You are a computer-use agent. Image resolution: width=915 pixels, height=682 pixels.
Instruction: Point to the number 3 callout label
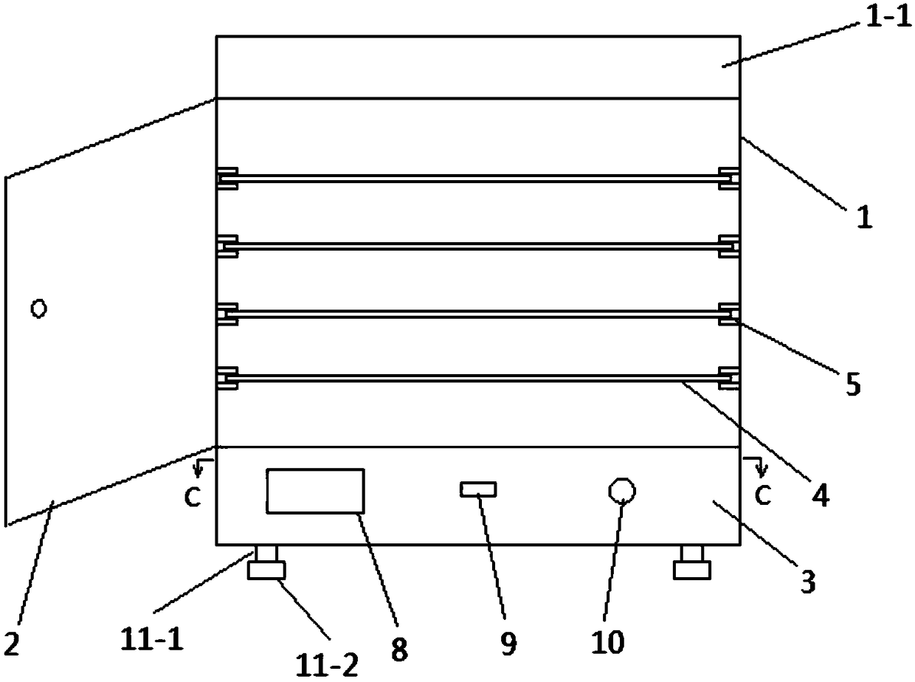pos(808,582)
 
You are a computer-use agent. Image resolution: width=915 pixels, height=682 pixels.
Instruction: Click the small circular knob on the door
pos(38,309)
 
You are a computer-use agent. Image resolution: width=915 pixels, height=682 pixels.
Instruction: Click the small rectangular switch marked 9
pos(478,489)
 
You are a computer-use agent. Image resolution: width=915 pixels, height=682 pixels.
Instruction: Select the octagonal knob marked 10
pos(621,490)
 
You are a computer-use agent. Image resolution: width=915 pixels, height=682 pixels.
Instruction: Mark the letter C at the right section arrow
pos(763,496)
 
